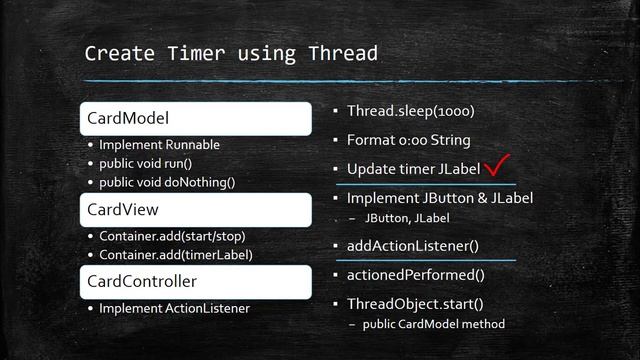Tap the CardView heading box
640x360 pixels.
point(195,210)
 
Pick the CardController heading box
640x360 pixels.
point(195,282)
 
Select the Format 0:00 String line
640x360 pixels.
point(408,140)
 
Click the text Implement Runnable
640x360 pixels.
point(159,145)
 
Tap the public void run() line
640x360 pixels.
point(153,163)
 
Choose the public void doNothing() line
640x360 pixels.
point(167,182)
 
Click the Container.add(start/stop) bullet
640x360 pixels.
point(172,236)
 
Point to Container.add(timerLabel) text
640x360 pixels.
point(176,255)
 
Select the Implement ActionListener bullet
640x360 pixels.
point(174,308)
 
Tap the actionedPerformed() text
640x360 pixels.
point(416,275)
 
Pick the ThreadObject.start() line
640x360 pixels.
point(414,304)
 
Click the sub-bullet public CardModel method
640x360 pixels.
point(434,323)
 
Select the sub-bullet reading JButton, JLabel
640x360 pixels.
point(407,217)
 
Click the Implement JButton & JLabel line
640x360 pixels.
point(439,198)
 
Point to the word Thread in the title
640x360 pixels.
point(341,53)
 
